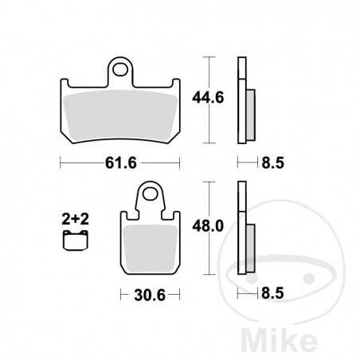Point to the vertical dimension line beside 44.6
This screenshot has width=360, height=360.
click(209, 100)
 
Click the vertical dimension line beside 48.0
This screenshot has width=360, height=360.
click(209, 227)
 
